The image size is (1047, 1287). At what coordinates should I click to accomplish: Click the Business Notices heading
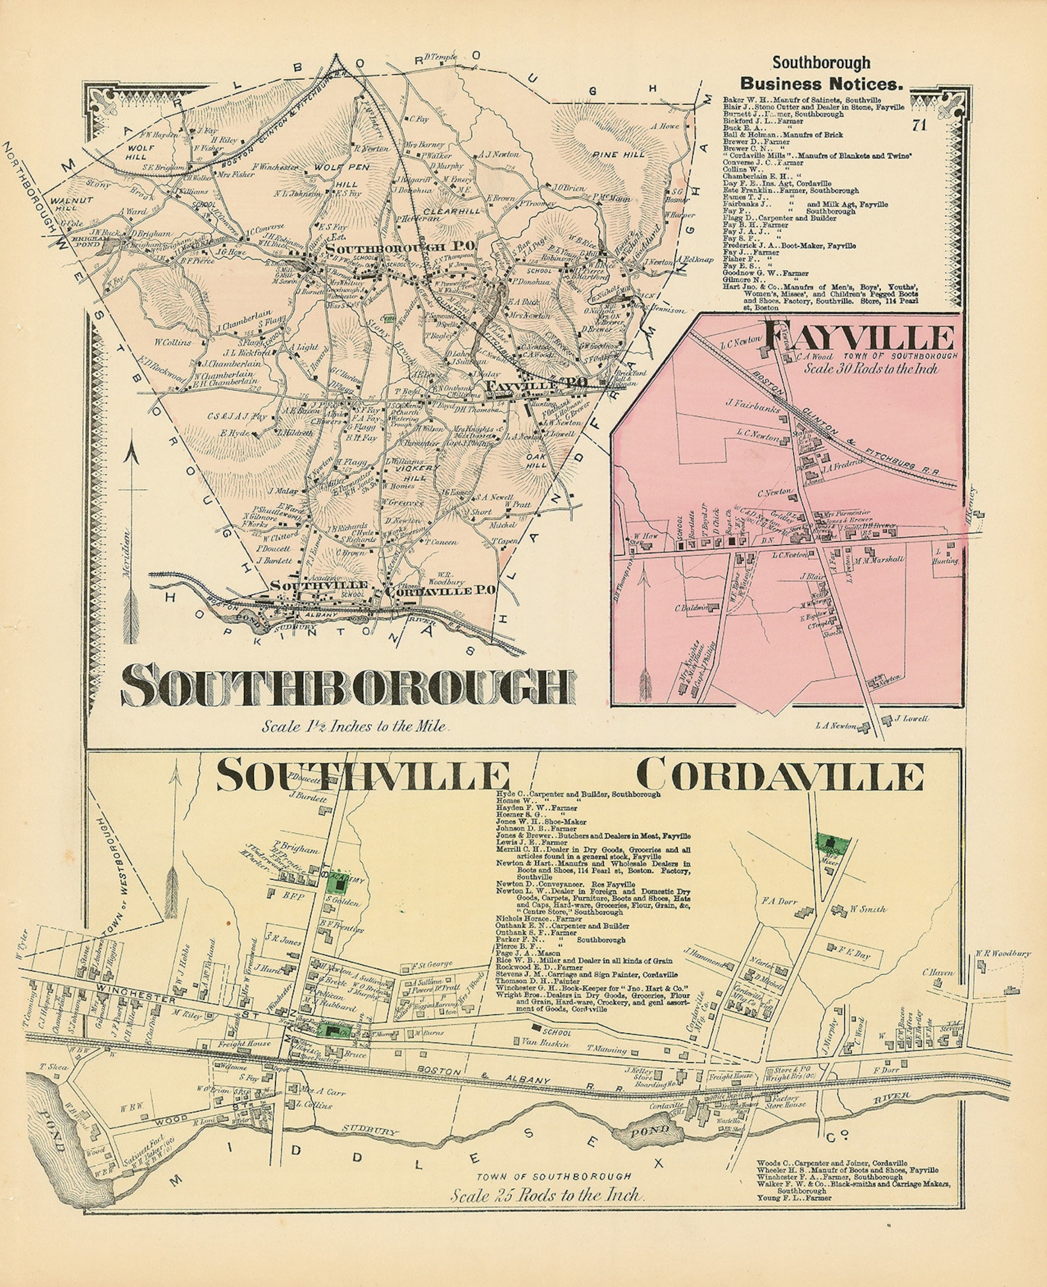[x=820, y=84]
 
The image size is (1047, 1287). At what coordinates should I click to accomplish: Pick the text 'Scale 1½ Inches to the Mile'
[x=355, y=728]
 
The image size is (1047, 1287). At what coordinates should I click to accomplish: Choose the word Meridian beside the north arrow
[x=126, y=546]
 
